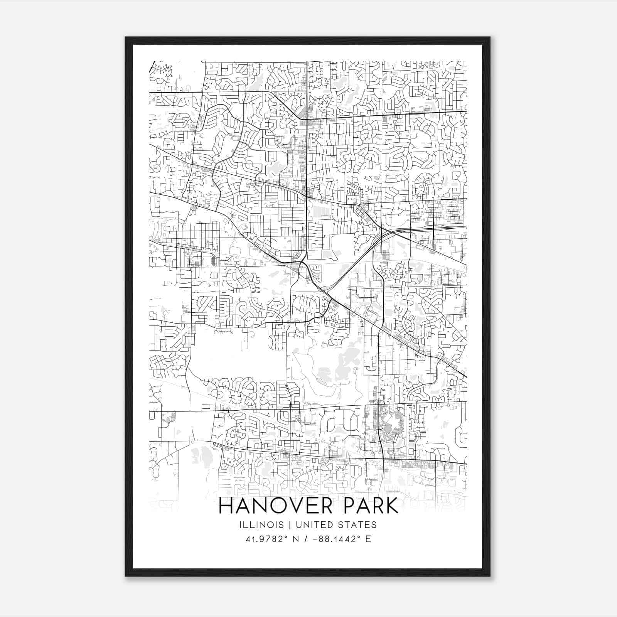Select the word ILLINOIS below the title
[261, 525]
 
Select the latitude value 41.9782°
[266, 539]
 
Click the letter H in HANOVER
[226, 506]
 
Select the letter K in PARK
[391, 506]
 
